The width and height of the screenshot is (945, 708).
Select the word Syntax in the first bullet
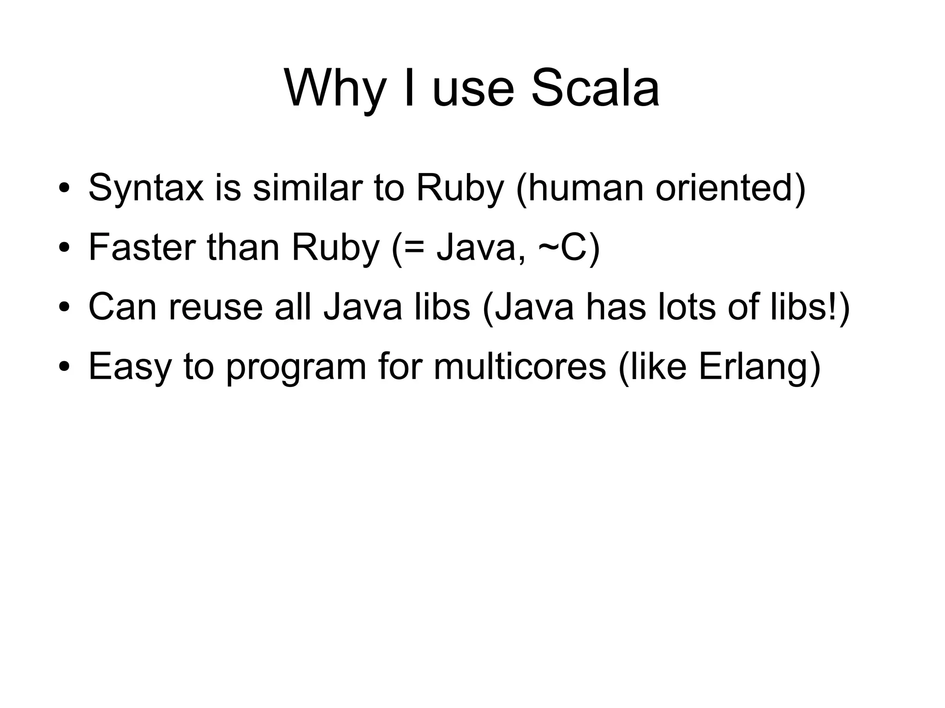point(146,188)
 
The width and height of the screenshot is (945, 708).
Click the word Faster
point(141,247)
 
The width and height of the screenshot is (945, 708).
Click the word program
point(296,366)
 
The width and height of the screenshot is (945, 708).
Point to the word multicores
point(520,366)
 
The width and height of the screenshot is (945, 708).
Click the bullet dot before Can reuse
point(64,307)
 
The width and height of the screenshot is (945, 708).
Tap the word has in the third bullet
point(616,307)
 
